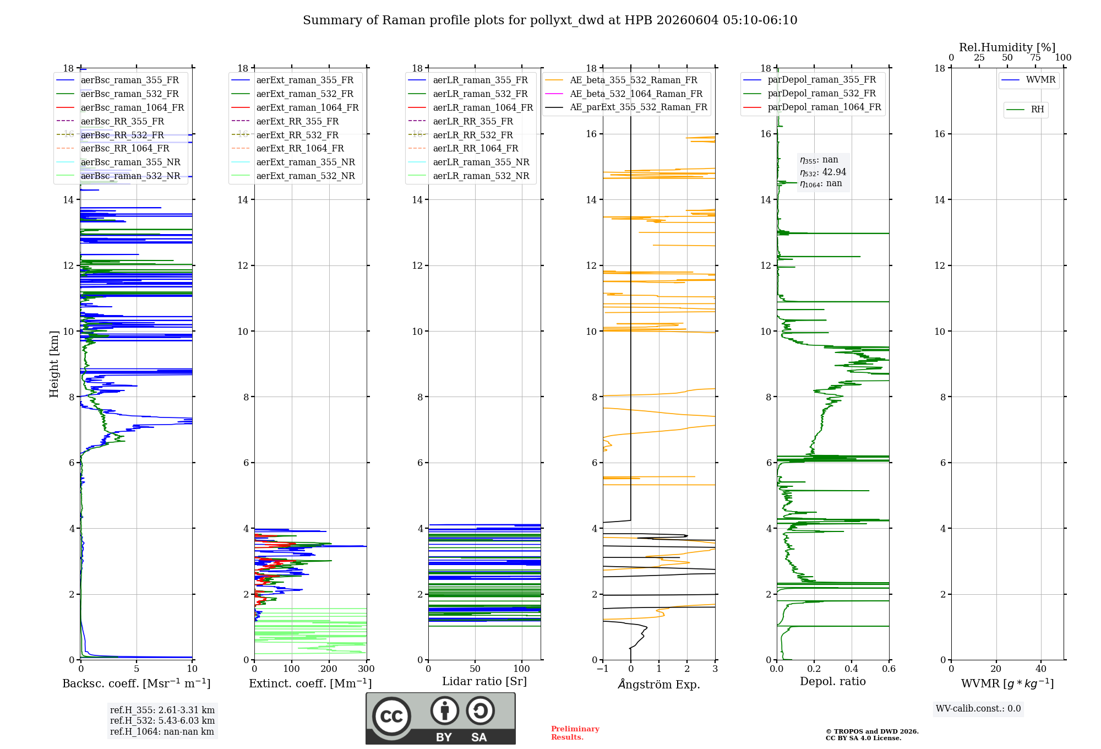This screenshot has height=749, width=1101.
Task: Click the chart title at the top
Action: tap(550, 20)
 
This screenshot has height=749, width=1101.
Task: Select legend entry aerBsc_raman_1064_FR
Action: tap(132, 107)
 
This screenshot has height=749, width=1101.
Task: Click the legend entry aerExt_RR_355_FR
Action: tap(297, 121)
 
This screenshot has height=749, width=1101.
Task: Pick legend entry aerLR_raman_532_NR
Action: tap(481, 176)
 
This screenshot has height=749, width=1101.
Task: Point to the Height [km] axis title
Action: tap(54, 363)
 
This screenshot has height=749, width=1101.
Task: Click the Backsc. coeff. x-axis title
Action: tap(137, 683)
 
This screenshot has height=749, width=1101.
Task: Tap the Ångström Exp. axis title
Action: tap(659, 684)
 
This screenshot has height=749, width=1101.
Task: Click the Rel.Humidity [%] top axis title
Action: tap(1007, 47)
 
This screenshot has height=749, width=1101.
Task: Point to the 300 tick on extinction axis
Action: tap(366, 669)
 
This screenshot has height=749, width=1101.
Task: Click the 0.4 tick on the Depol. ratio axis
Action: tap(851, 669)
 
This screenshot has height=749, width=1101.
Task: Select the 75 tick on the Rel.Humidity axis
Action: tap(1035, 57)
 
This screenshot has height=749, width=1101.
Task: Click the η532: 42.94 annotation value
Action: tap(823, 172)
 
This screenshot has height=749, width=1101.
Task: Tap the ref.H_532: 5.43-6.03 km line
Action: tap(162, 720)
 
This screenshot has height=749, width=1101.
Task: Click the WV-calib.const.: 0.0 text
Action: tap(978, 709)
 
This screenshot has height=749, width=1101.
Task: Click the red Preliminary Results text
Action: tap(575, 733)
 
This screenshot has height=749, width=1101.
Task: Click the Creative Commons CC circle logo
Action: tap(391, 716)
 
